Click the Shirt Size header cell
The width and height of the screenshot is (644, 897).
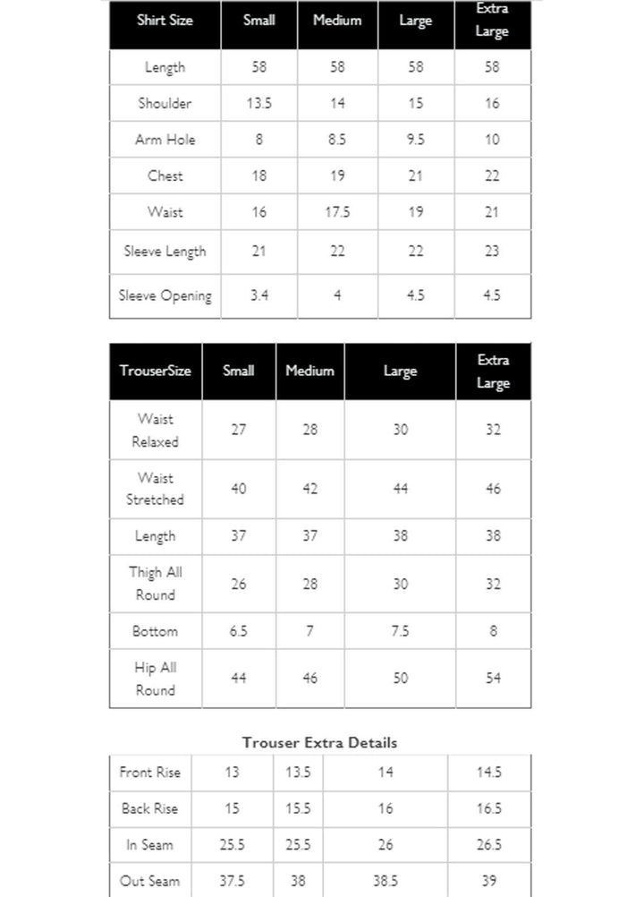click(165, 21)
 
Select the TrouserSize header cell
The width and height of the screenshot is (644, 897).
click(155, 371)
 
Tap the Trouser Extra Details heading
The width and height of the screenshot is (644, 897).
click(319, 742)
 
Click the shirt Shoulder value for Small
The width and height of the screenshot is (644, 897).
click(258, 104)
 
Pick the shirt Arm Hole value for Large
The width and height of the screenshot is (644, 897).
click(415, 140)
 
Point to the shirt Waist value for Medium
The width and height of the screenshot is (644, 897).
click(336, 212)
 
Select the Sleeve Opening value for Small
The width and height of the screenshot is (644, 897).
click(258, 295)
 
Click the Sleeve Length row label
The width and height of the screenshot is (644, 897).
click(165, 252)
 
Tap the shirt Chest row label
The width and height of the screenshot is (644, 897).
click(165, 176)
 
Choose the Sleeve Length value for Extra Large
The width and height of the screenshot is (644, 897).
click(492, 252)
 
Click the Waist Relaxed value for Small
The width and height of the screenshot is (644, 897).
click(239, 430)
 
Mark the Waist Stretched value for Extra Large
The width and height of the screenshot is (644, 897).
click(493, 489)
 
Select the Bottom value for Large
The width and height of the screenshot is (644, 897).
click(400, 631)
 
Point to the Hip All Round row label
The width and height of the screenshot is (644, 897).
click(155, 679)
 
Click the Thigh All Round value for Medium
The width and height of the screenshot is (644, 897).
click(309, 584)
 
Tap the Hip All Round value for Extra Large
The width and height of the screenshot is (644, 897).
click(493, 679)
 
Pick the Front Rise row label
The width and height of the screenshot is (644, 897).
click(149, 773)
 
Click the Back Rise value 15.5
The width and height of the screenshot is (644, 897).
click(298, 808)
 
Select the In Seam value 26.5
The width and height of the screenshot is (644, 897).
click(489, 845)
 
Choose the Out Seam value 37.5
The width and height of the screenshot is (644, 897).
click(232, 881)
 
